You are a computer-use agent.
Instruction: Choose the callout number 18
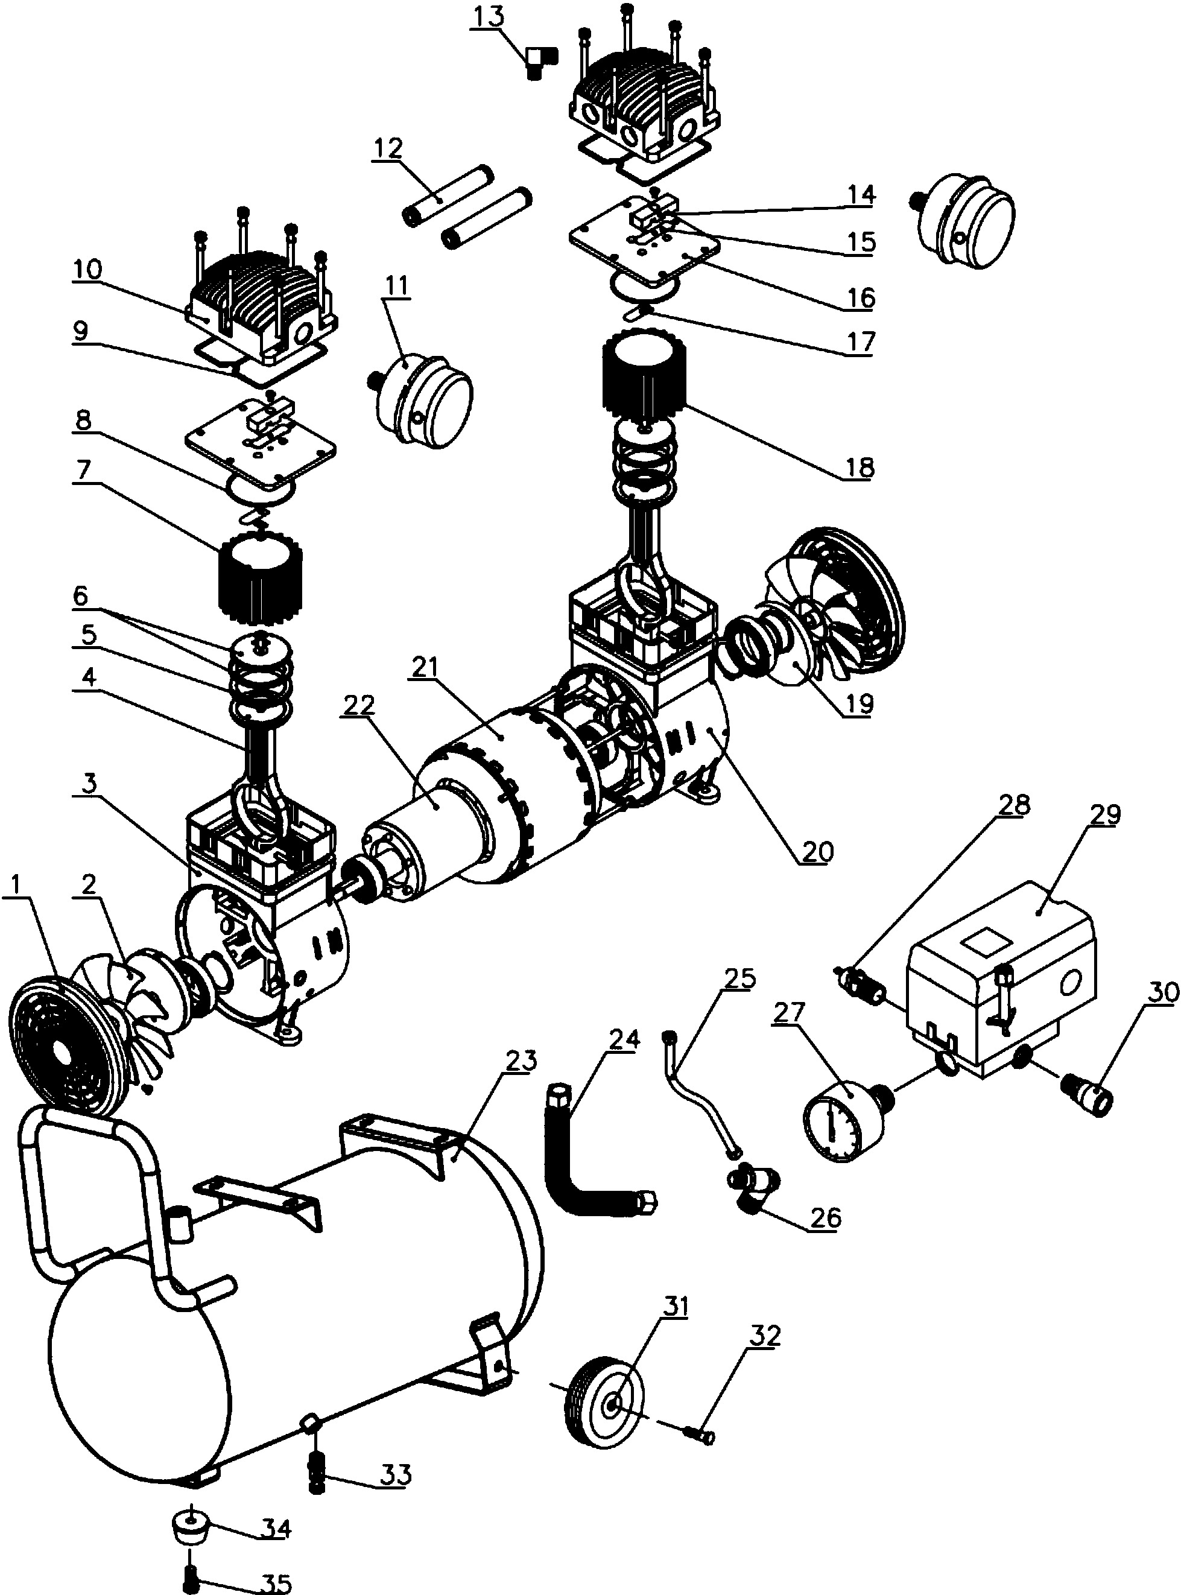coord(858,467)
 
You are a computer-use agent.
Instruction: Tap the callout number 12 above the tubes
coord(387,150)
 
